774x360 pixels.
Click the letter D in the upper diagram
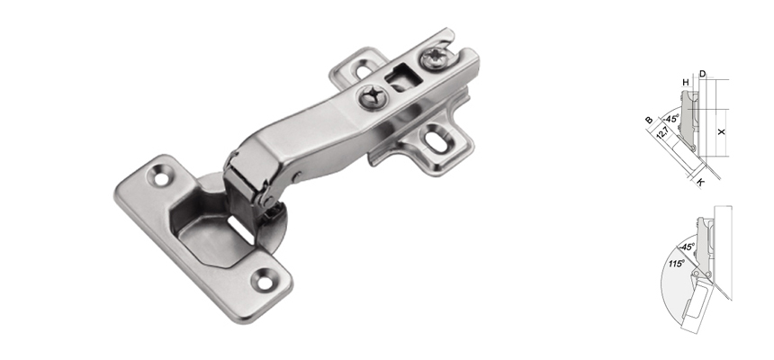coord(702,73)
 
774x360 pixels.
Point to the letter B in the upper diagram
coord(648,120)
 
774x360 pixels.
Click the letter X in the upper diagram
coord(721,131)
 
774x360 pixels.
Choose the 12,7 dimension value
coord(661,133)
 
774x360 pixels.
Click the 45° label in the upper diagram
coord(670,116)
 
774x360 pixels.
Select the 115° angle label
coord(676,263)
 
